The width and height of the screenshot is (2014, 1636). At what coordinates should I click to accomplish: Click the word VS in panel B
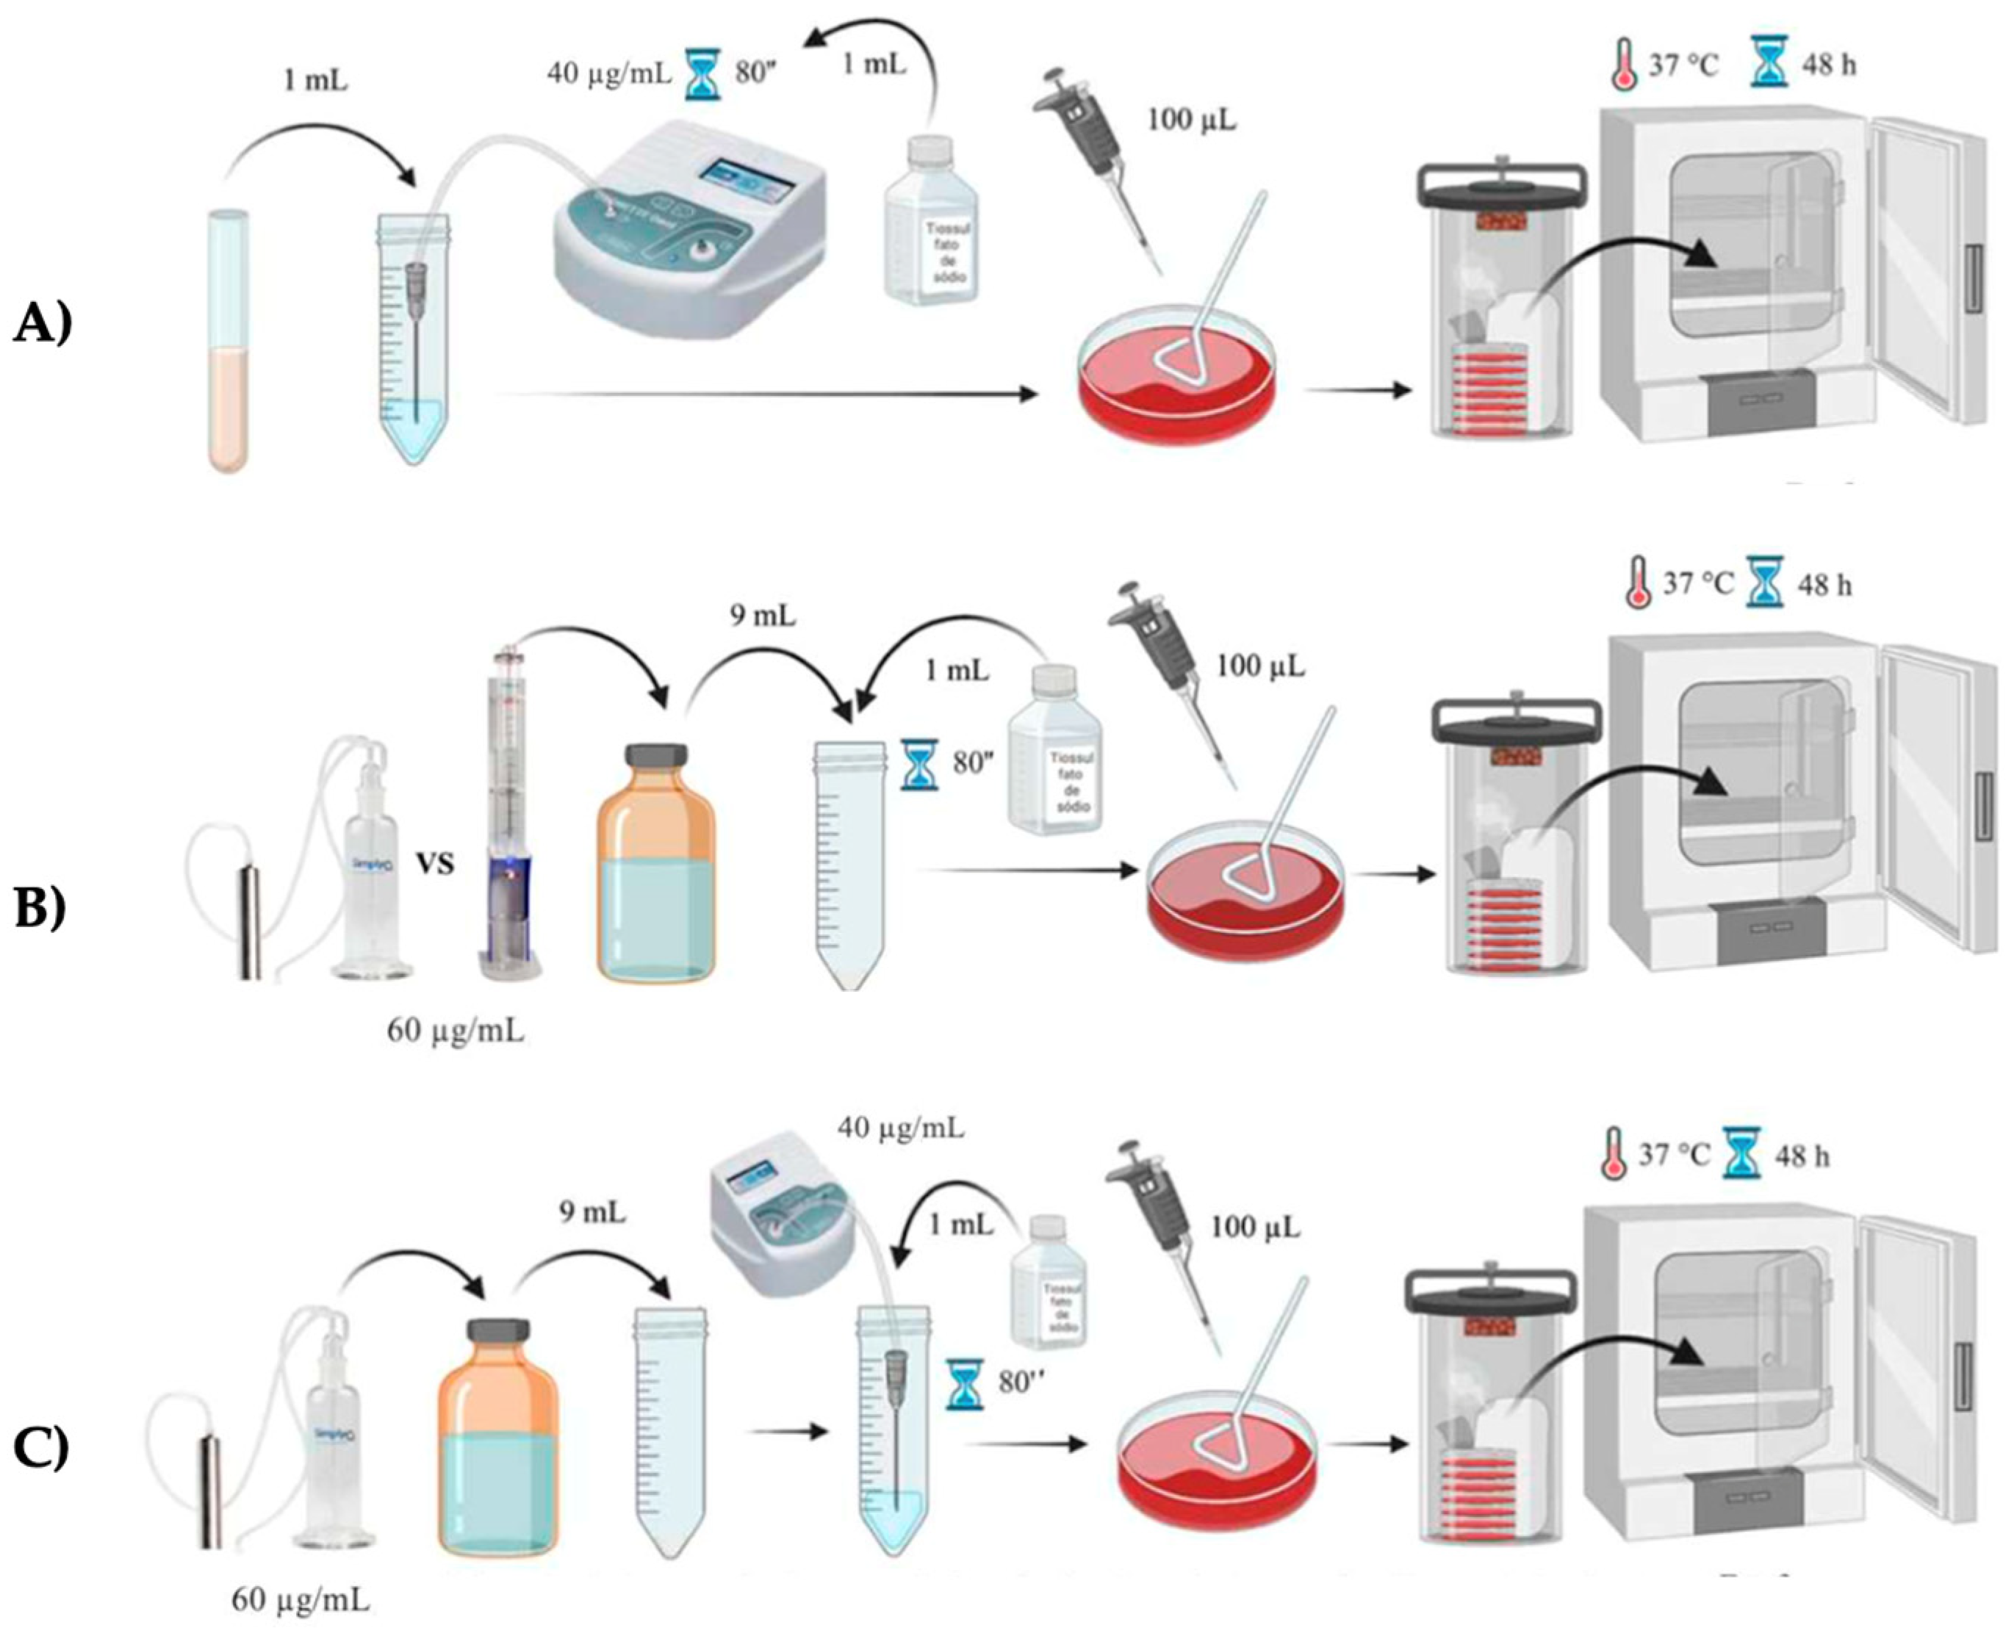pyautogui.click(x=436, y=862)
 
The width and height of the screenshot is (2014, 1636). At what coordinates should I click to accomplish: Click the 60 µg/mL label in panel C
pyautogui.click(x=301, y=1599)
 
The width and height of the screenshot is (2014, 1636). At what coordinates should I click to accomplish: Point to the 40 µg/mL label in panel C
pyautogui.click(x=901, y=1127)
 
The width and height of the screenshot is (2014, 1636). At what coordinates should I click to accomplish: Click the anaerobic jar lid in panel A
pyautogui.click(x=1501, y=186)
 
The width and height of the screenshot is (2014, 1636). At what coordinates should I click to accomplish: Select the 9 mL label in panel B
pyautogui.click(x=763, y=616)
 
